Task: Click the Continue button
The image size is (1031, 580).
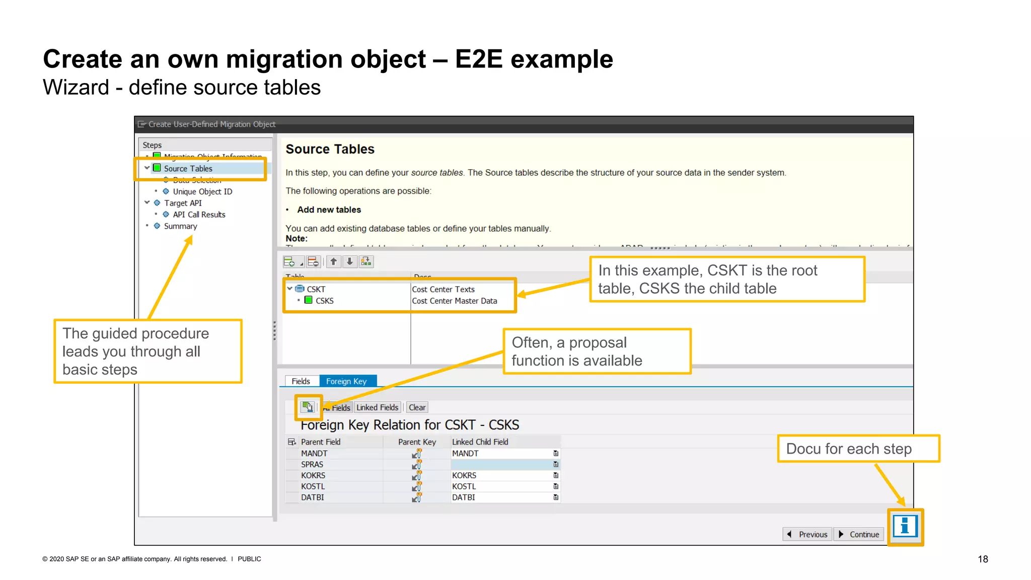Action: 859,534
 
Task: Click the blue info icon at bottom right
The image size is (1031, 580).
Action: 905,527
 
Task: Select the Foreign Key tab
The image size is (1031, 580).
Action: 346,381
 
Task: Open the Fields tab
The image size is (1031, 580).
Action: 301,381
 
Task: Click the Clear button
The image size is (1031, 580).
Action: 417,407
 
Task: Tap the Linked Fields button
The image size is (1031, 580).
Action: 378,407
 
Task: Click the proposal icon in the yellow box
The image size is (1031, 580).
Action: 308,407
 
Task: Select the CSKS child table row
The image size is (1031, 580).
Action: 324,301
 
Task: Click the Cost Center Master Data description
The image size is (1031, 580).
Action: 454,301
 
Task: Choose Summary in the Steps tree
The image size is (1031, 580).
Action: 180,226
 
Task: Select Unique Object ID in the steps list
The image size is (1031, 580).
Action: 202,191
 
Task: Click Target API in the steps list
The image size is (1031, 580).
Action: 183,203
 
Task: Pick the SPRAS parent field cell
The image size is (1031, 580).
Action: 312,464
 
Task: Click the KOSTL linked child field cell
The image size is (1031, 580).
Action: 464,486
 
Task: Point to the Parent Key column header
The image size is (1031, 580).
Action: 417,442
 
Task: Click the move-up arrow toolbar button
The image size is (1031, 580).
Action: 333,261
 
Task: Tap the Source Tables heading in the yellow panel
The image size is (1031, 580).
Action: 330,149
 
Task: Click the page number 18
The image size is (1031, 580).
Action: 983,559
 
